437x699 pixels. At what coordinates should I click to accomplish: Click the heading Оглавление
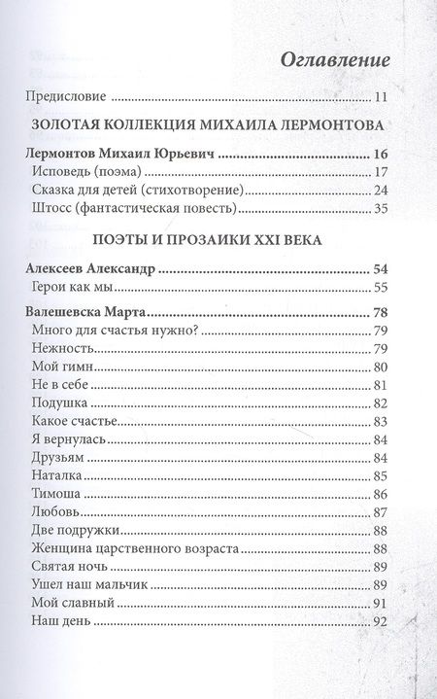click(x=335, y=59)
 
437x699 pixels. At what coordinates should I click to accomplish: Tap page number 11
click(x=382, y=98)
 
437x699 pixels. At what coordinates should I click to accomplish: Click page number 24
click(x=381, y=191)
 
